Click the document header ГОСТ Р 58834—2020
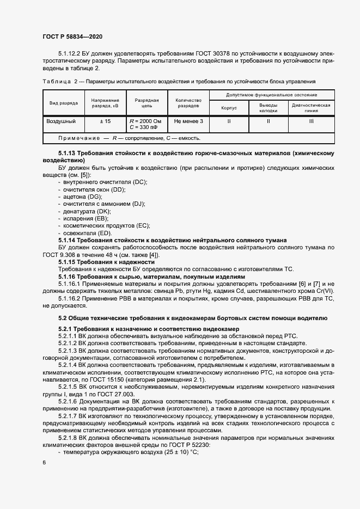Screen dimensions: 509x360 pos(72,36)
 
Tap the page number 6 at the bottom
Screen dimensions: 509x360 pos(44,462)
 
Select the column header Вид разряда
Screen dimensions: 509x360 pos(64,103)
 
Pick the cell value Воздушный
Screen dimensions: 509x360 pos(61,121)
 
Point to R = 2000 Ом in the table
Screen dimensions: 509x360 pos(145,121)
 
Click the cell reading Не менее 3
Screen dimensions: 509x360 pos(189,121)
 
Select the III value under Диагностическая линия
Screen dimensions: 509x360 pos(311,121)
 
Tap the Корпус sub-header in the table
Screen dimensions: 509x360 pos(229,107)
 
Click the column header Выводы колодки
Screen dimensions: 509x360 pos(268,107)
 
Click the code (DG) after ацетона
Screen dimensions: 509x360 pos(93,196)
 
